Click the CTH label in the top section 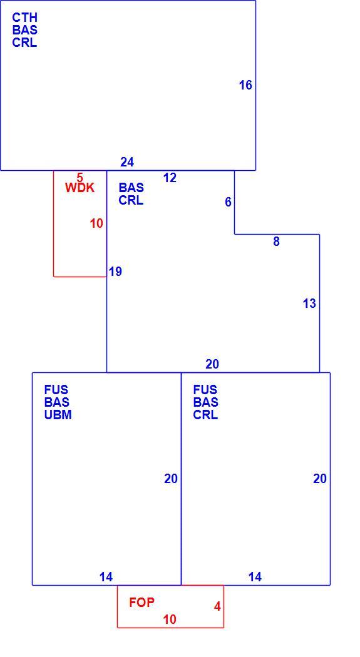24,18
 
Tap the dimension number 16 245,85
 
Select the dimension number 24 127,162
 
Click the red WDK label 80,188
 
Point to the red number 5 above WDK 80,178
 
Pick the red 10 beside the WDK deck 96,224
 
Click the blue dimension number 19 115,272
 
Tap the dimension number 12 170,178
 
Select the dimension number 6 228,202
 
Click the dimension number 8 276,242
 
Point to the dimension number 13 309,303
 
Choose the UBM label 58,415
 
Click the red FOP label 141,603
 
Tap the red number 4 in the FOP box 217,607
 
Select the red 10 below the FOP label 170,619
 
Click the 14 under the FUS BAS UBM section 106,578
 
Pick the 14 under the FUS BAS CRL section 255,578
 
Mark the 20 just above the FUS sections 212,365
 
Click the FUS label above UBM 56,390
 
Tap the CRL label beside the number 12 131,200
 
